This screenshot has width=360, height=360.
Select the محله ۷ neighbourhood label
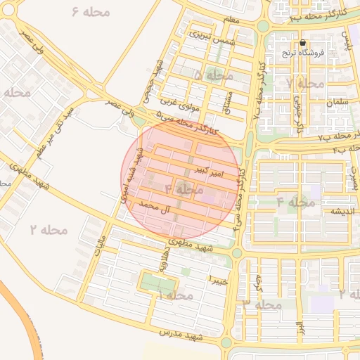click(x=306, y=83)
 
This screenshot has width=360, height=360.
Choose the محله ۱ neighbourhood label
click(x=174, y=296)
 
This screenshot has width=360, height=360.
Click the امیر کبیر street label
click(x=209, y=171)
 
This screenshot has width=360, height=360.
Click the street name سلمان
click(x=337, y=102)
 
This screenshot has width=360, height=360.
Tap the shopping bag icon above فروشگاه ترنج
click(x=302, y=42)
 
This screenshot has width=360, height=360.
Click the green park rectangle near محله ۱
click(x=157, y=283)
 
